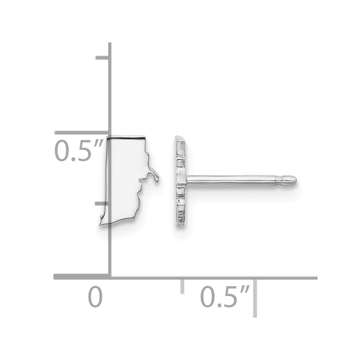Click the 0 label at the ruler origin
(95, 296)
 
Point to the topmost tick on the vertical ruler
(102, 57)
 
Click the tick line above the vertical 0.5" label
(81, 133)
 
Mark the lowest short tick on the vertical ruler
(102, 203)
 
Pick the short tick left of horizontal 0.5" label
(183, 287)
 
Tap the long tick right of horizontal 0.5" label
(255, 298)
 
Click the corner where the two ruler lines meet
(110, 277)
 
